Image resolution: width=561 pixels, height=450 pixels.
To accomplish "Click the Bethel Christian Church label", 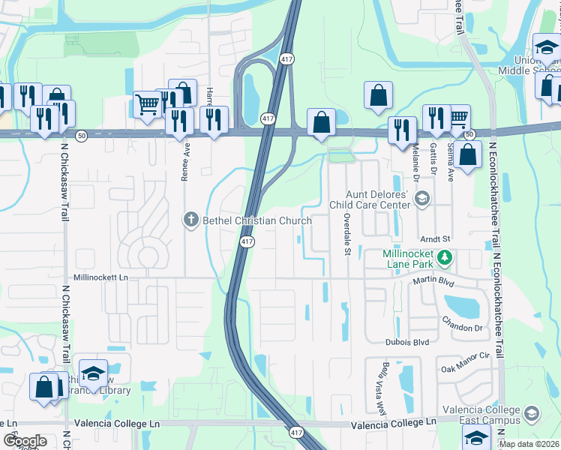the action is click(255, 220).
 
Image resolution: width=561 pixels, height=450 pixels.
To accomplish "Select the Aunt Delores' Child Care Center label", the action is click(370, 199).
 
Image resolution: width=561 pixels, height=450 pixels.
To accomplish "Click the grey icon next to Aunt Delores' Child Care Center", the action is click(422, 199).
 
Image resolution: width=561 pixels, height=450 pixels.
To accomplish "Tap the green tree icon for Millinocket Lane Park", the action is click(444, 258).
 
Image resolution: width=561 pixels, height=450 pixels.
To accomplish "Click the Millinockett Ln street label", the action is click(102, 277).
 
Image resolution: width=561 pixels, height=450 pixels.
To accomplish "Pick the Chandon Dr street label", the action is click(462, 328).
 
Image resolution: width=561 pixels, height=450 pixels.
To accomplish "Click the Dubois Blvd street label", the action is click(407, 342).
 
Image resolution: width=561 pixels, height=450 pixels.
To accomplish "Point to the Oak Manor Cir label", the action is click(465, 368).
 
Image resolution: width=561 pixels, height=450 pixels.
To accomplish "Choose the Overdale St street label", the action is click(347, 233).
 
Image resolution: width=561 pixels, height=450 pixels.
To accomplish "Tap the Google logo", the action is click(25, 441).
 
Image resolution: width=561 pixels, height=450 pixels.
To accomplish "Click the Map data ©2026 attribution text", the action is click(528, 444).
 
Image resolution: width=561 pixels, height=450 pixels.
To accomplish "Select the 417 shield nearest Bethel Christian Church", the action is click(247, 241).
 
